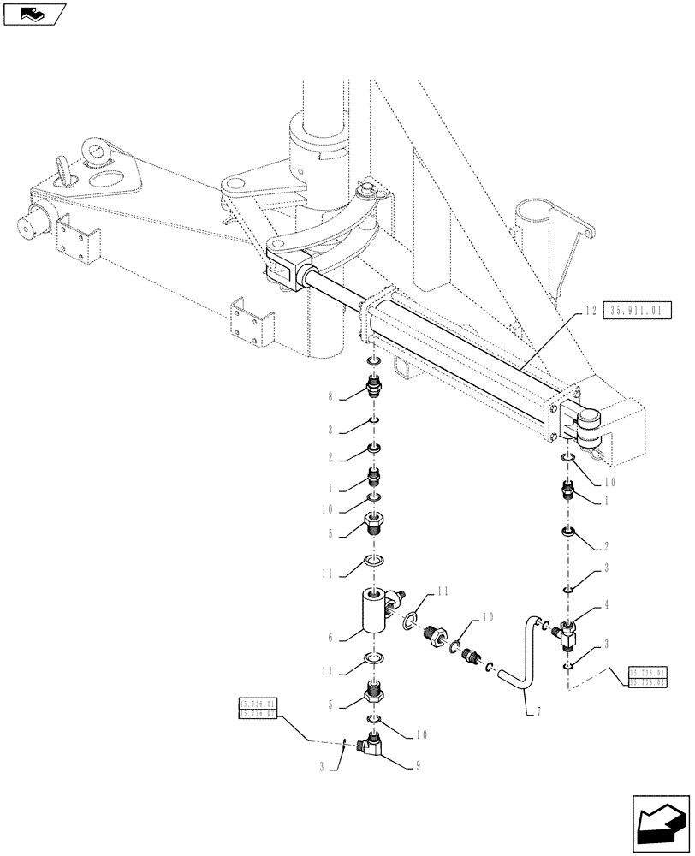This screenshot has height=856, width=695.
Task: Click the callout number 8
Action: pos(330,397)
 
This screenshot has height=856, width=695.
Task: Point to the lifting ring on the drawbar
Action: pos(67,166)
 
